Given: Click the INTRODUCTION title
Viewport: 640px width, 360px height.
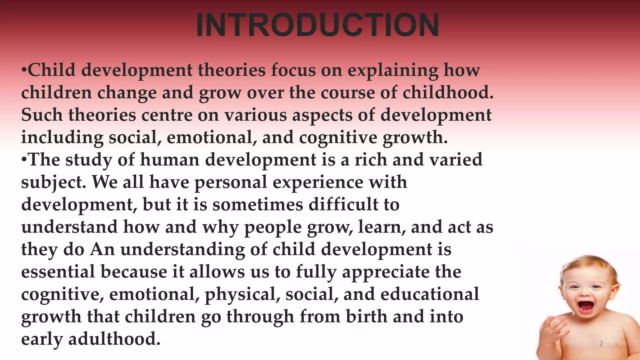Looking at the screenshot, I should tap(317, 25).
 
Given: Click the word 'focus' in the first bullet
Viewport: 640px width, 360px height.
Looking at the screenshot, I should tap(293, 70).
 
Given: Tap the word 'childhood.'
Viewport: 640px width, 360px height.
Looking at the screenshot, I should tap(448, 93).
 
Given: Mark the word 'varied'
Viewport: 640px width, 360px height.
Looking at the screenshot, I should tap(456, 160).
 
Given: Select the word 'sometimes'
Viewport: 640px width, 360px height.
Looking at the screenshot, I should tap(258, 205).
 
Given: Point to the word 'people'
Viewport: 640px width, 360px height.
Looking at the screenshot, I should tap(273, 227).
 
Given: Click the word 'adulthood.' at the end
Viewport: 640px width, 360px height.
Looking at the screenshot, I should tap(114, 339).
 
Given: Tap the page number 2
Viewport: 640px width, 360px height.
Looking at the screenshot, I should tap(601, 344).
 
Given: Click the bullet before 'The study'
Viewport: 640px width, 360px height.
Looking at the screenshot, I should tap(24, 160).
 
